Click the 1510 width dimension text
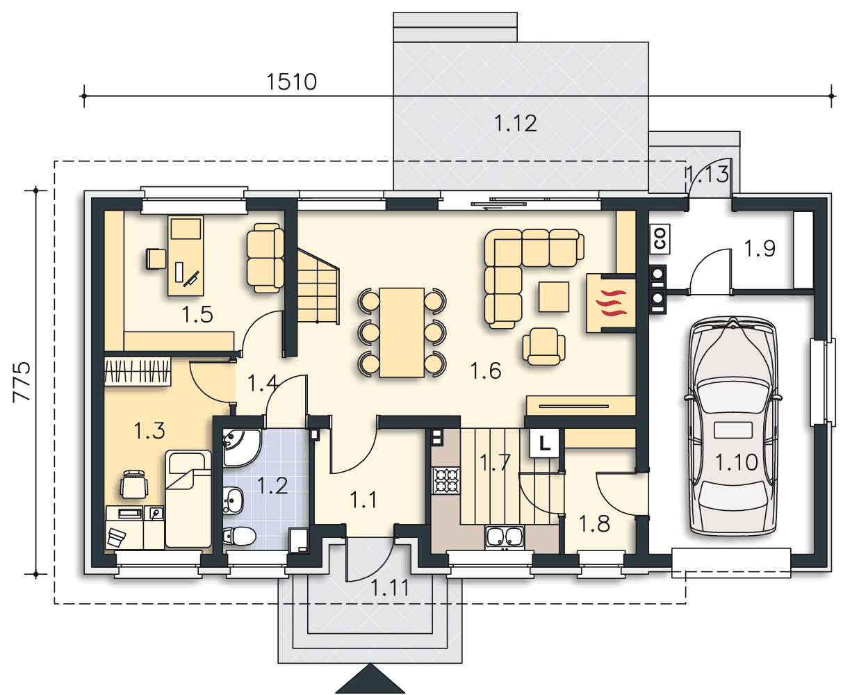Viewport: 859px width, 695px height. click(292, 82)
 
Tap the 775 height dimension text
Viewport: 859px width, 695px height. click(22, 382)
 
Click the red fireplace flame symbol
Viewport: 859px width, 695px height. click(612, 302)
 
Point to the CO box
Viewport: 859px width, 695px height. click(660, 239)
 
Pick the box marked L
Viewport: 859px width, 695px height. click(544, 443)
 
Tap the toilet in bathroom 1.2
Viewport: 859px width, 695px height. click(239, 537)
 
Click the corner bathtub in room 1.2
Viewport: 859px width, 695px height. click(241, 448)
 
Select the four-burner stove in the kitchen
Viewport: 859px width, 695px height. click(445, 480)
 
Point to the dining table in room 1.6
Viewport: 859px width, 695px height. click(402, 332)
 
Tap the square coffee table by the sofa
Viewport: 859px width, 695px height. click(554, 297)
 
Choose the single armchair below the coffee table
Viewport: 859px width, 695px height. click(543, 345)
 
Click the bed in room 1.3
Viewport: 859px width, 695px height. click(188, 499)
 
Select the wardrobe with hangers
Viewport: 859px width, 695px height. click(137, 371)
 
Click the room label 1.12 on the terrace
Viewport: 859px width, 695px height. click(516, 124)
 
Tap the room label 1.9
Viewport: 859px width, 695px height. click(760, 248)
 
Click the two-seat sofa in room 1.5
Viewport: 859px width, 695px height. click(265, 258)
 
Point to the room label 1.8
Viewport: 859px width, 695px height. click(594, 524)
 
